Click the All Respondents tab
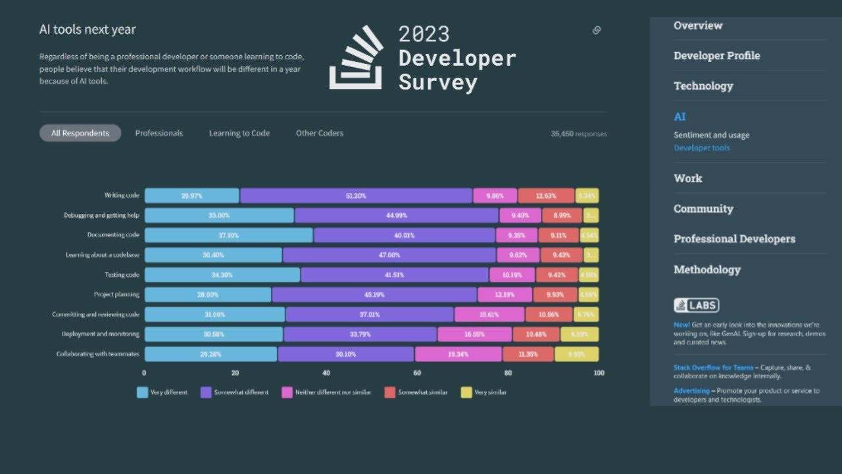[x=80, y=133]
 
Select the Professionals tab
[x=159, y=133]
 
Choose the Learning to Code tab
[x=239, y=133]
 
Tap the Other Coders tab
[x=320, y=133]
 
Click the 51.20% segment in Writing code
[x=356, y=196]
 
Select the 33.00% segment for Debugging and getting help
[x=219, y=215]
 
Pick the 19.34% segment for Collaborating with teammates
[x=458, y=354]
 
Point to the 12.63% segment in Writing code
[x=546, y=196]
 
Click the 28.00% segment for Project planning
[x=208, y=295]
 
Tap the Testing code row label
[x=122, y=275]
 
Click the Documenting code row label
[x=113, y=235]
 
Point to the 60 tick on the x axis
[x=417, y=373]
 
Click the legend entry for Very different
[x=162, y=392]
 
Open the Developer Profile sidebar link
[x=716, y=56]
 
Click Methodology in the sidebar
[x=706, y=269]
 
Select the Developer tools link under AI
[x=701, y=148]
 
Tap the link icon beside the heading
[x=597, y=30]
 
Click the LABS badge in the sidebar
[x=696, y=305]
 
